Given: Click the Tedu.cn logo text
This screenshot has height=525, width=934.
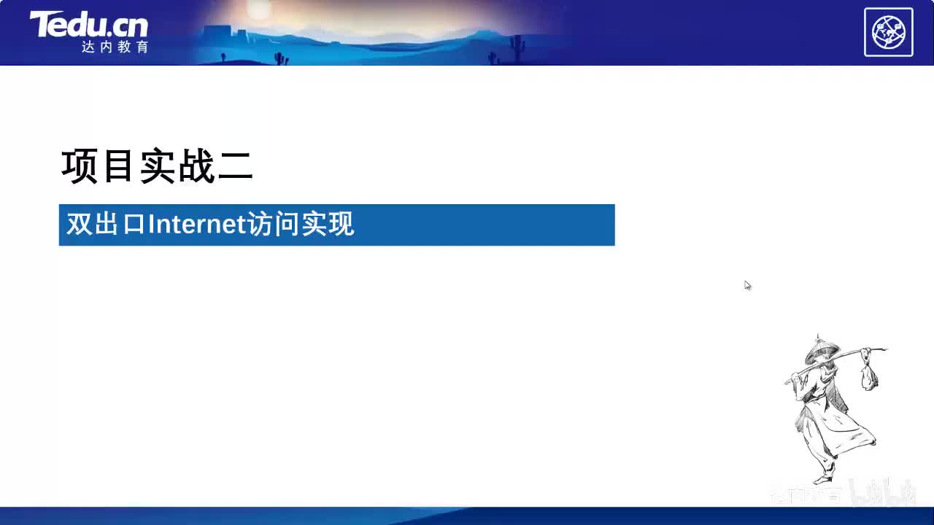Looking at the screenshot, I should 88,25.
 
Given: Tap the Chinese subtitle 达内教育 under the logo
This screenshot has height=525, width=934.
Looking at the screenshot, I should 115,47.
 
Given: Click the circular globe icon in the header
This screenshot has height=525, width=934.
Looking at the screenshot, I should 888,32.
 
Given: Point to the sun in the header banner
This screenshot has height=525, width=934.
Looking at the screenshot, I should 258,9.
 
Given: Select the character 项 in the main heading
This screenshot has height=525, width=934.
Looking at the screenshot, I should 80,167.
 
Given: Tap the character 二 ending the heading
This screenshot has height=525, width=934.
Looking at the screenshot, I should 235,167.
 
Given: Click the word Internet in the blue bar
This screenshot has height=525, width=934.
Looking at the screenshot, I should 195,225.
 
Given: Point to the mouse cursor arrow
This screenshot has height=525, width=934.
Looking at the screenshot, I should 747,285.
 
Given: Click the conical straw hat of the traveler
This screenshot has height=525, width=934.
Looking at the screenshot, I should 821,349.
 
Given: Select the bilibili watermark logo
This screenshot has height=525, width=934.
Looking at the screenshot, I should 884,494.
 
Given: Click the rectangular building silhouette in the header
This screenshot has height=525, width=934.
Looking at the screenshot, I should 219,34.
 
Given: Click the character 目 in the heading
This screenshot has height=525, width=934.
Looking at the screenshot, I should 118,167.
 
